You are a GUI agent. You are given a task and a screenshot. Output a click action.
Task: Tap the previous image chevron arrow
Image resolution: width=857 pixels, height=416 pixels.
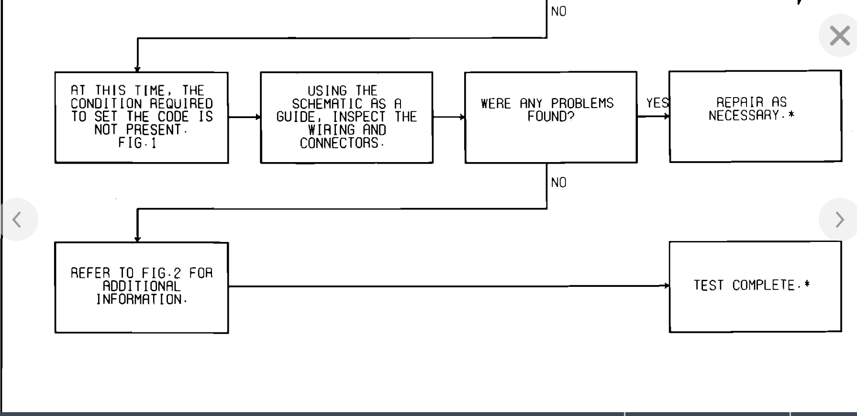[17, 219]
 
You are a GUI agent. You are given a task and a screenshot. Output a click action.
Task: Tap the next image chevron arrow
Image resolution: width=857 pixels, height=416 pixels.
[839, 219]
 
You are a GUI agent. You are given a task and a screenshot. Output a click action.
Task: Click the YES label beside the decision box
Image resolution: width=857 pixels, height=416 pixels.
[657, 103]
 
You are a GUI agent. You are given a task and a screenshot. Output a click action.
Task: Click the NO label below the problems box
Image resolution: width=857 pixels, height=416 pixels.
[558, 183]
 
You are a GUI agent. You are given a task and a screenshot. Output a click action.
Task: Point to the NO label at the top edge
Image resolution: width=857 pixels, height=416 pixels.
[558, 11]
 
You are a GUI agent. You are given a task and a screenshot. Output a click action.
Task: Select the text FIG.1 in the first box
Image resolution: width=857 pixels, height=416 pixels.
[137, 143]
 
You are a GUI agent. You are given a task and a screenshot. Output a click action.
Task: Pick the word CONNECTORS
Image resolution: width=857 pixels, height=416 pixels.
[340, 143]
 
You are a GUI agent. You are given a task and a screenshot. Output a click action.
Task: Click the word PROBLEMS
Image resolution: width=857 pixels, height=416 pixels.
[582, 103]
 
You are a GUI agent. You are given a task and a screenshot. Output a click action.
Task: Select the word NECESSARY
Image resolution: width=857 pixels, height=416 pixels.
[744, 115]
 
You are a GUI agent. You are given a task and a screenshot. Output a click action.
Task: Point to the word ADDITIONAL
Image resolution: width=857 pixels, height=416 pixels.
[142, 286]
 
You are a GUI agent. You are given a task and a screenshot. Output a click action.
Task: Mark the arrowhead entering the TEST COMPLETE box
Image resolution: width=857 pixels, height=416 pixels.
[667, 286]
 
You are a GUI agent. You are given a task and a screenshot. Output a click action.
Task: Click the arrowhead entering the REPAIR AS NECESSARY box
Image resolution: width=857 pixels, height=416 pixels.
[667, 116]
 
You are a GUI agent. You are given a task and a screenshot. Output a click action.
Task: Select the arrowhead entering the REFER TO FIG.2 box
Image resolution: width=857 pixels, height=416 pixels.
[137, 239]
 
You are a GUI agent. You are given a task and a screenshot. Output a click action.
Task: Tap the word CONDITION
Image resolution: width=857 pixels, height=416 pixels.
[106, 104]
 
